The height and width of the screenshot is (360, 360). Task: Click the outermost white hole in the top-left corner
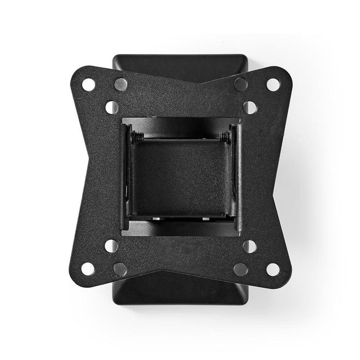click(89, 85)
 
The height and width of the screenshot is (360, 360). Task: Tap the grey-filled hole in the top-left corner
click(120, 84)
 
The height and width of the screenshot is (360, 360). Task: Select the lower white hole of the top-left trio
click(112, 107)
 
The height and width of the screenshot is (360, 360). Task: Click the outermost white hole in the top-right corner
click(273, 85)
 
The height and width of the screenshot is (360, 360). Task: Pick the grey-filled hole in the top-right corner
click(241, 84)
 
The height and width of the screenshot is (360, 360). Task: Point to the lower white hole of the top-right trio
click(250, 107)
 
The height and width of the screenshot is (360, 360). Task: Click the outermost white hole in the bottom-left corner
click(88, 269)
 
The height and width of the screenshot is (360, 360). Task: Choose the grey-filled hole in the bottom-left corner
click(120, 270)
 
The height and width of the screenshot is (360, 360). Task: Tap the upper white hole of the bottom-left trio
click(112, 246)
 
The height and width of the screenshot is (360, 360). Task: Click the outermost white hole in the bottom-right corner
click(273, 269)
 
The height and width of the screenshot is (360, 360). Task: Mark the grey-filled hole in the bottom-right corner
click(241, 270)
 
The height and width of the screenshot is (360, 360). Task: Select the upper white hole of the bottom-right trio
click(250, 246)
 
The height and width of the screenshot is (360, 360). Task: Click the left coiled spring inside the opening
click(137, 137)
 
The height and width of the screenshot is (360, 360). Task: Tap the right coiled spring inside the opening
click(224, 137)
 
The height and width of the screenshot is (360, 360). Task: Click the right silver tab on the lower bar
click(206, 218)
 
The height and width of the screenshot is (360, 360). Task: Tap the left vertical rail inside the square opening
click(126, 176)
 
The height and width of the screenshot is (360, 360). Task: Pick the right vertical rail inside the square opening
click(234, 176)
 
